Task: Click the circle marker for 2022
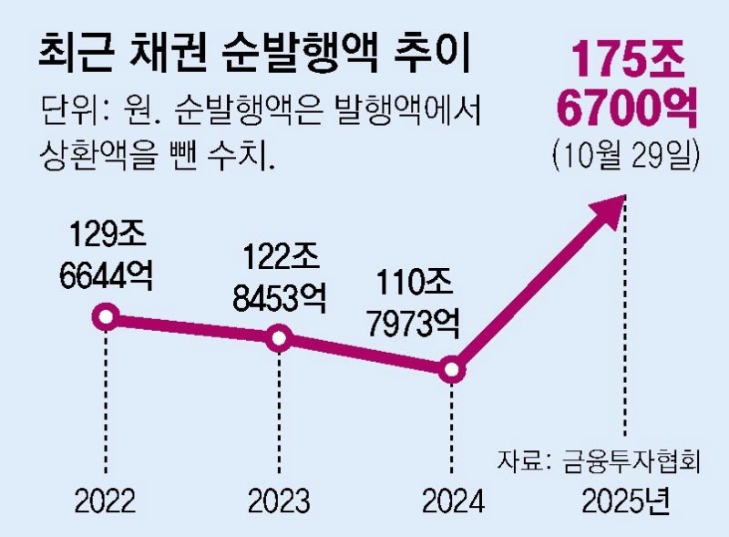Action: (x=107, y=317)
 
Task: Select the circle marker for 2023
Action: (x=280, y=339)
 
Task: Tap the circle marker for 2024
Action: (x=452, y=369)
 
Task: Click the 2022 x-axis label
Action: (x=107, y=501)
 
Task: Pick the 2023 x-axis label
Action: (x=279, y=501)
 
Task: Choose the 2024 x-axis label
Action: (x=452, y=501)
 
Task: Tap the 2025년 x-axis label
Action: (x=626, y=501)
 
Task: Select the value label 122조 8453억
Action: (x=277, y=278)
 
